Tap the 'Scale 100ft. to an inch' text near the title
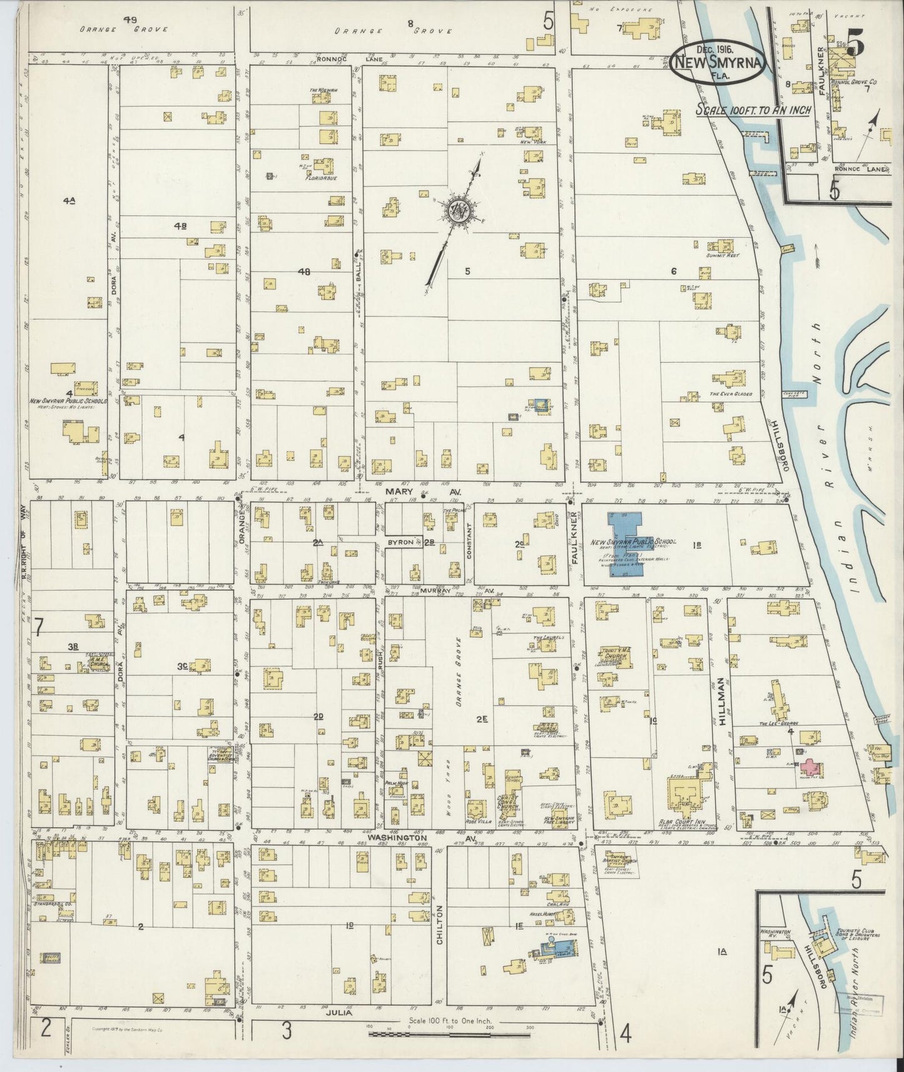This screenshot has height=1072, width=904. click(x=754, y=109)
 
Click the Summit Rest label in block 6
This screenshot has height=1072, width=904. click(x=722, y=256)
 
